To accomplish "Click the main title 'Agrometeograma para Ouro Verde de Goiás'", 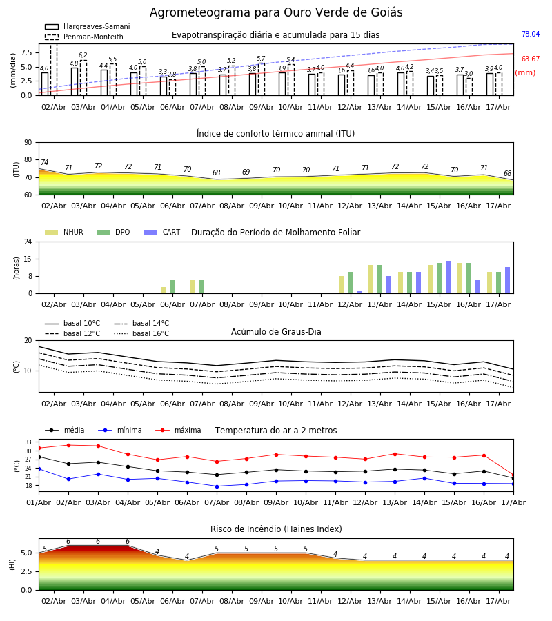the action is pos(276,12).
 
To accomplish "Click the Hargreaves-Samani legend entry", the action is pos(87,26).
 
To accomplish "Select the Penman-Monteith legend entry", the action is pos(84,37).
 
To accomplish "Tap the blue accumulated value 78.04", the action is pos(531,34).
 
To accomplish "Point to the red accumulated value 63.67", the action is pos(531,59).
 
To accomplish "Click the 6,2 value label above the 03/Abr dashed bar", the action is pos(83,55).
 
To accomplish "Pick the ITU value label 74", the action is pos(44,162).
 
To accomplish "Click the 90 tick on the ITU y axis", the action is pos(28,143).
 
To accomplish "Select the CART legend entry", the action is pos(161,232).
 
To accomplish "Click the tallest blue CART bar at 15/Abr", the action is pos(448,277).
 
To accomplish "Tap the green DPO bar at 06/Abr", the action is pos(172,287).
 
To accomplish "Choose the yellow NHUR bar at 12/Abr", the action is pos(342,285).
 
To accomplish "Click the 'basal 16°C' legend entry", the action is pos(141,333).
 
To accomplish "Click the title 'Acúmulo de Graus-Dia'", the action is pos(276,331).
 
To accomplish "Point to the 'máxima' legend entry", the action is pos(178,430).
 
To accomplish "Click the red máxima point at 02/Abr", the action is pos(68,445).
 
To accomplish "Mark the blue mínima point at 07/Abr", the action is pos(217,486).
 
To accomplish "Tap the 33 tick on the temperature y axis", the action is pos(28,442).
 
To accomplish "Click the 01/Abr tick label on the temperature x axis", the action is pos(39,502).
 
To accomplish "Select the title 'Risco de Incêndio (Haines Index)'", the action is pos(276,529).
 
